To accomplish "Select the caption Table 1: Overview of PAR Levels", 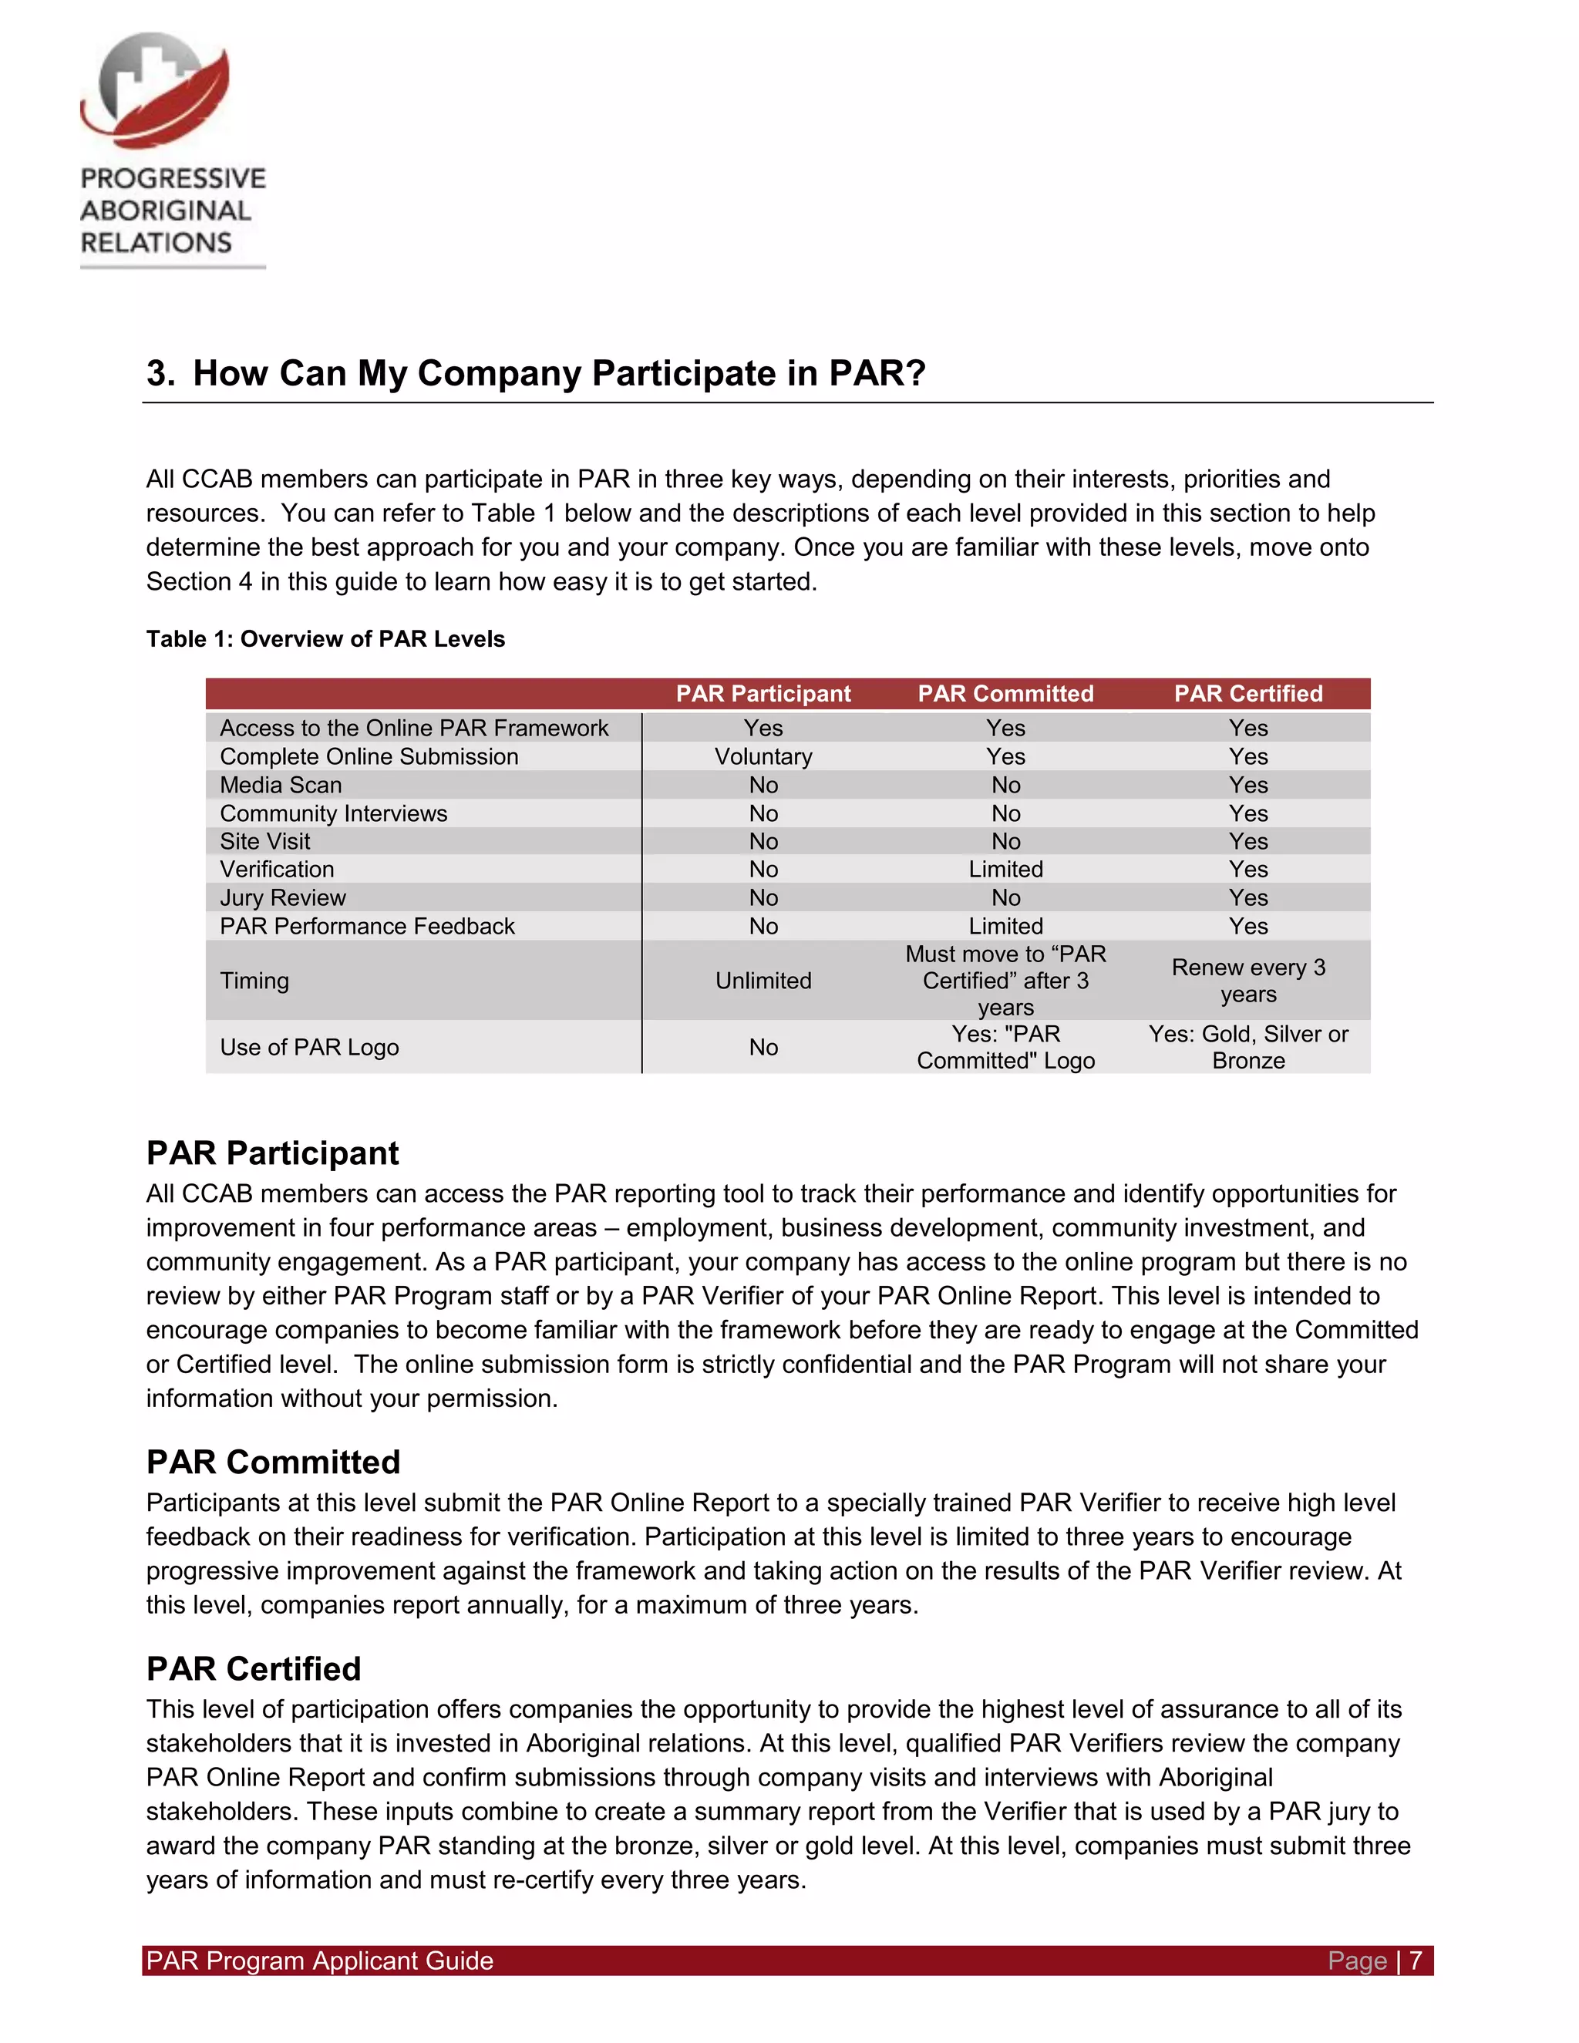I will [325, 639].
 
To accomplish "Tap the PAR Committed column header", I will [1005, 693].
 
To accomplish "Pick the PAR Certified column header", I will [1248, 693].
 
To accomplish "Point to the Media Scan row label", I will [281, 785].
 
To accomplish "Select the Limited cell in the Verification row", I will [1005, 869].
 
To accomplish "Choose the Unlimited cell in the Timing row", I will [763, 981].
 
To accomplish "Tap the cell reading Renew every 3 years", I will [1248, 981].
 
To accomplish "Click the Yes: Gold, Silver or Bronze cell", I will [1248, 1047].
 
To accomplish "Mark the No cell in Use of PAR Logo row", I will [763, 1047].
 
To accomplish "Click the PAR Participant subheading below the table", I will [272, 1153].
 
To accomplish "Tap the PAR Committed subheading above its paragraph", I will [273, 1462].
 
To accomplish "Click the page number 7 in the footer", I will [1416, 1961].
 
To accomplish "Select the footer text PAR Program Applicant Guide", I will [319, 1961].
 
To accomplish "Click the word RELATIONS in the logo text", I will [157, 242].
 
